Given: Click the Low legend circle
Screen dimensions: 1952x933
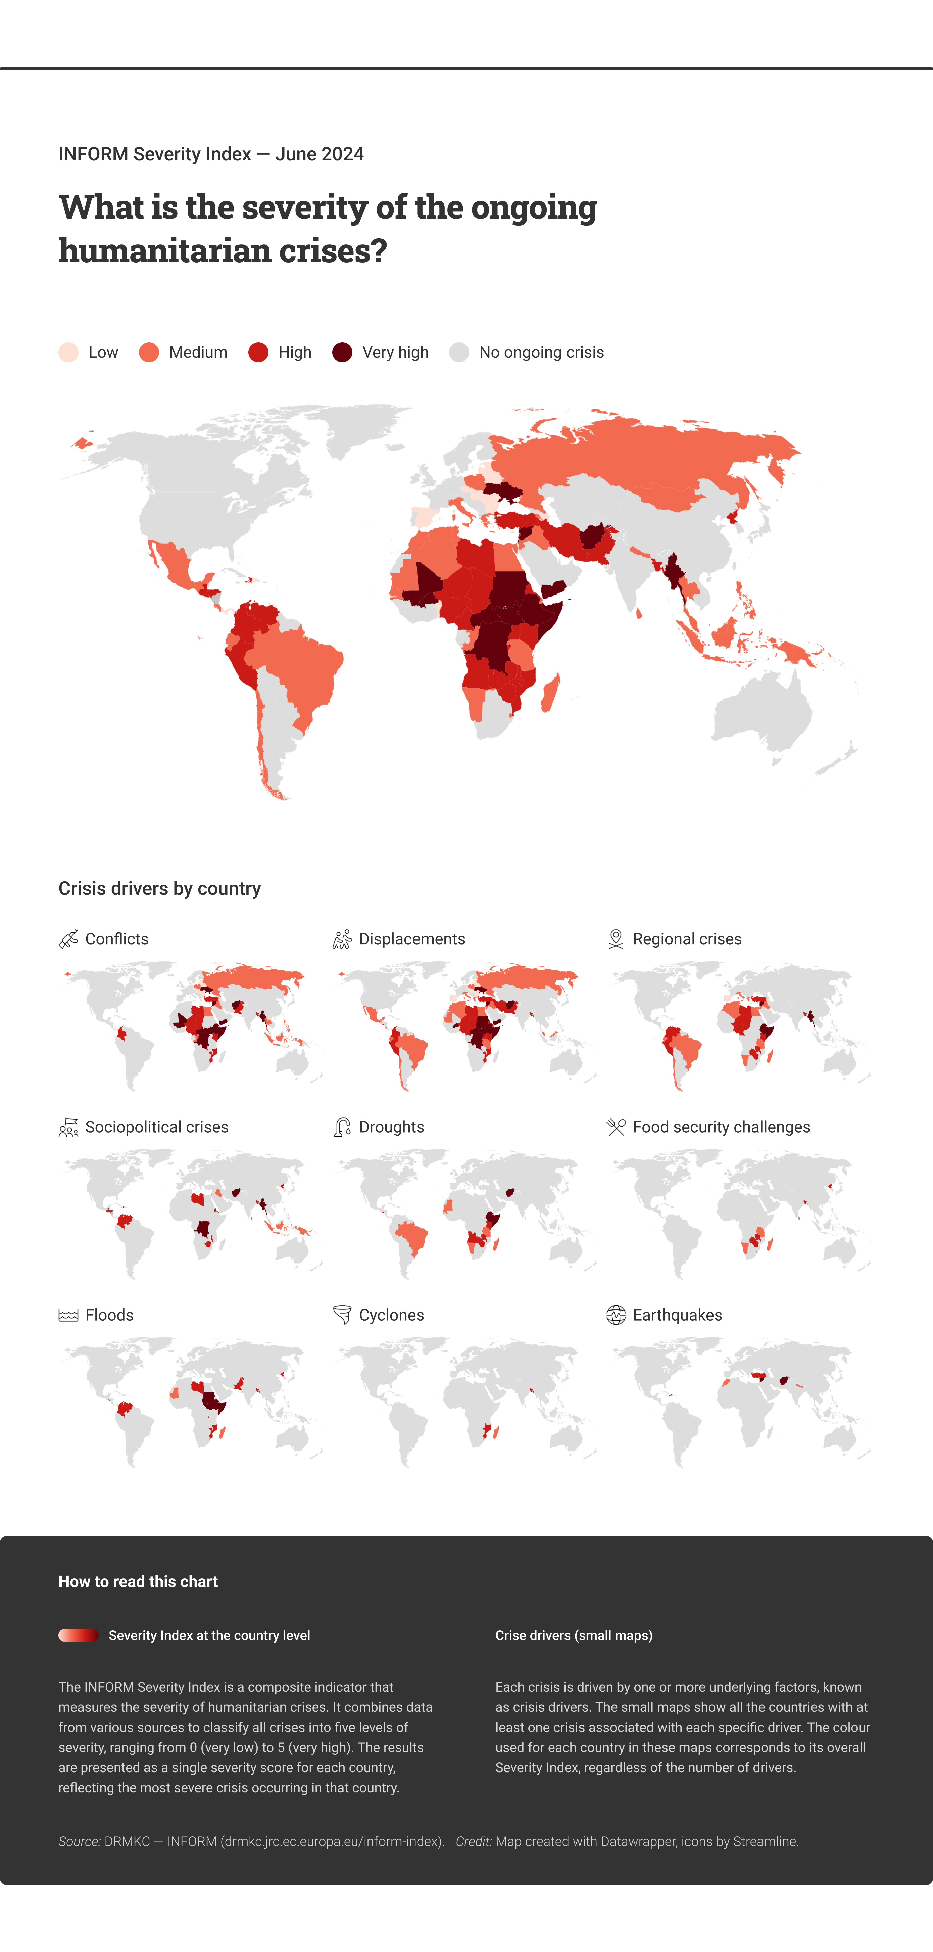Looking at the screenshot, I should (x=68, y=352).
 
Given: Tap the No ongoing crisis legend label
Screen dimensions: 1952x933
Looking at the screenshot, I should (x=541, y=352).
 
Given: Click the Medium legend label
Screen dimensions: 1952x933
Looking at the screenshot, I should (x=198, y=352).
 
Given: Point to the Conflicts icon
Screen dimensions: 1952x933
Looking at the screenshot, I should (x=68, y=940).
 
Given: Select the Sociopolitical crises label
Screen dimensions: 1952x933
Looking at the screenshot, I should (x=156, y=1128).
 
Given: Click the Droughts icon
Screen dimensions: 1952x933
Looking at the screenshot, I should (x=342, y=1128).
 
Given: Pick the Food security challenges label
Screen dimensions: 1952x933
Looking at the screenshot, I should (x=721, y=1128).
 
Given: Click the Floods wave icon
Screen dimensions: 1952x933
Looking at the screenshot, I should (x=68, y=1316).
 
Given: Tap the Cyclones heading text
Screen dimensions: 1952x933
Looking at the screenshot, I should (x=391, y=1316).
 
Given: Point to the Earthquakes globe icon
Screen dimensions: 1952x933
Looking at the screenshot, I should (x=616, y=1316).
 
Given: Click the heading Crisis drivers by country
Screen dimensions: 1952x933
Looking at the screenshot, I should (x=159, y=889).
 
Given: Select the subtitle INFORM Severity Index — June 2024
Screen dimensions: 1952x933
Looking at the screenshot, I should (x=211, y=155).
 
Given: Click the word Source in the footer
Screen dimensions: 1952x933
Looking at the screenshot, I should (x=79, y=1841).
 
